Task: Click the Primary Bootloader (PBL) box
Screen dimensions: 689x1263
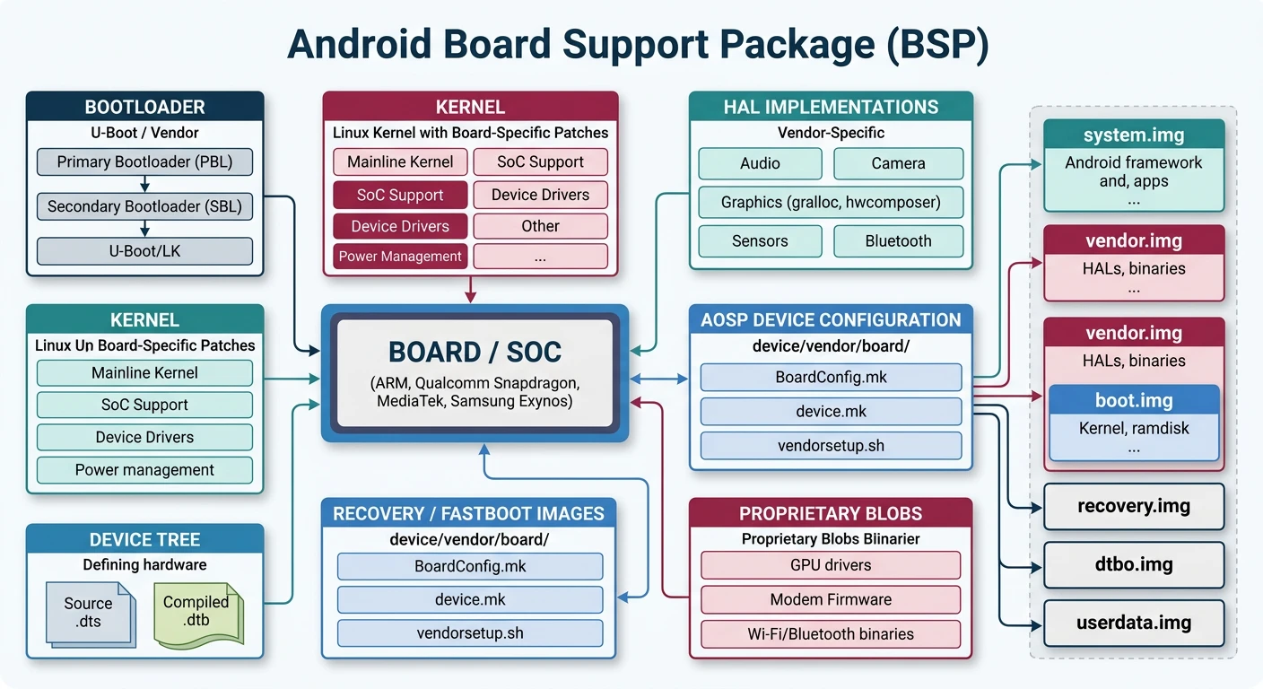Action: (145, 162)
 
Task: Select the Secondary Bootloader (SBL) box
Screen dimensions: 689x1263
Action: (145, 206)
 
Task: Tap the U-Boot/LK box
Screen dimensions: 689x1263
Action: (145, 251)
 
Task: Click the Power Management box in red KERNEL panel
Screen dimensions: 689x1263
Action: (400, 257)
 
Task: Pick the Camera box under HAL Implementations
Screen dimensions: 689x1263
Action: (898, 163)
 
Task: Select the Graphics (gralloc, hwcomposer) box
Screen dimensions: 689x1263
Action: (831, 202)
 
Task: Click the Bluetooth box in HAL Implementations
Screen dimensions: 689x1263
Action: (898, 240)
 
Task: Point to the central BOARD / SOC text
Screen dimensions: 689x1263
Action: (475, 352)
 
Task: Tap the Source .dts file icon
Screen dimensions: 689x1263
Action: (89, 613)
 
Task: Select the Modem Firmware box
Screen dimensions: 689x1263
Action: (831, 599)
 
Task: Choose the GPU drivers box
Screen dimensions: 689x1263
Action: (831, 565)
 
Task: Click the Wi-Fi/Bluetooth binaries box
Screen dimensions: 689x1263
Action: (831, 633)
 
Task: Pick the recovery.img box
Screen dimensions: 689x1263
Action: (1134, 506)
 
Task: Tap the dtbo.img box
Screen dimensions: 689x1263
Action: (1134, 564)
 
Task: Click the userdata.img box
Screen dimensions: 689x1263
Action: (1134, 623)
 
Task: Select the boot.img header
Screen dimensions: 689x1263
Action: (1134, 400)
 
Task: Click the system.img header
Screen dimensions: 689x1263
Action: (1134, 135)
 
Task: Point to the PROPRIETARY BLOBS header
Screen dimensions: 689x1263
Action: (831, 513)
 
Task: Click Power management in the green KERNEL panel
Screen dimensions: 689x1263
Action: (145, 470)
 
